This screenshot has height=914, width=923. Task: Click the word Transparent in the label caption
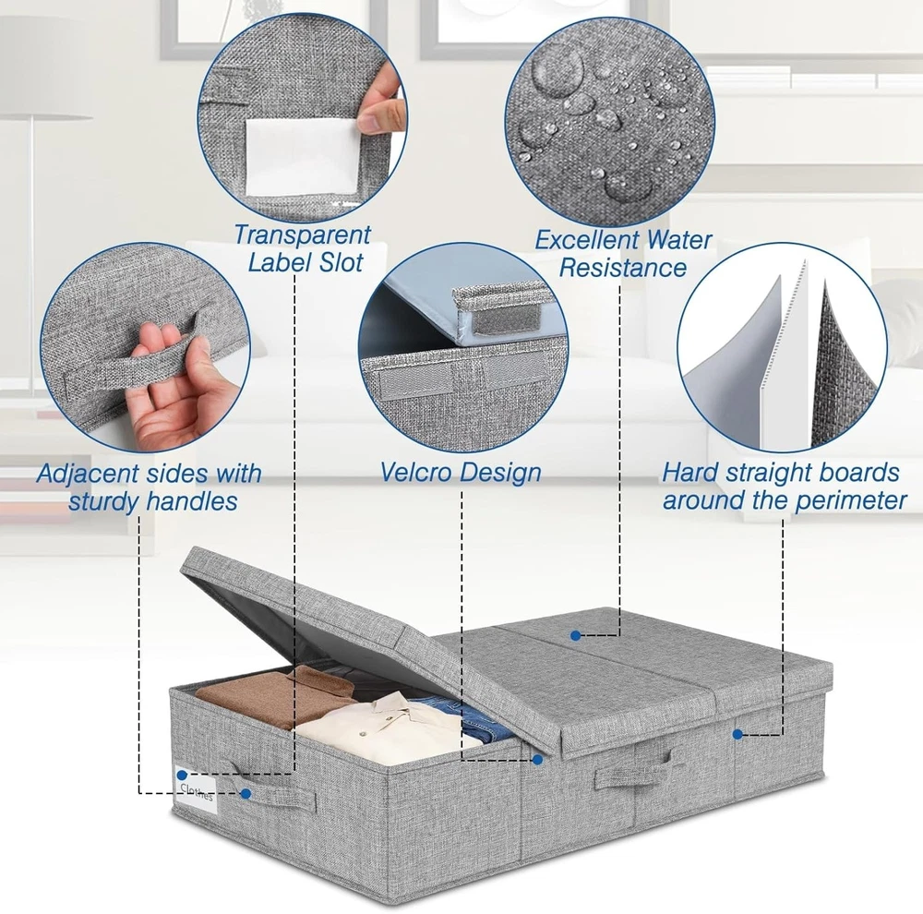[302, 235]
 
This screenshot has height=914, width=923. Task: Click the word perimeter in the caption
[851, 500]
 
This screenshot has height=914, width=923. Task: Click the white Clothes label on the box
[197, 790]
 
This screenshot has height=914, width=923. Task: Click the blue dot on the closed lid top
[576, 635]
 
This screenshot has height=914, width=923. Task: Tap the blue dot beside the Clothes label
[182, 775]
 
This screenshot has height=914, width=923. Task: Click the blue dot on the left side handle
[246, 794]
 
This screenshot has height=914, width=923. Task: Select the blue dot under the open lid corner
[537, 760]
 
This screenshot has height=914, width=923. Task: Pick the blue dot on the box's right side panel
[737, 734]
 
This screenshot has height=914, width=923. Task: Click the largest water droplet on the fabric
[557, 67]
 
